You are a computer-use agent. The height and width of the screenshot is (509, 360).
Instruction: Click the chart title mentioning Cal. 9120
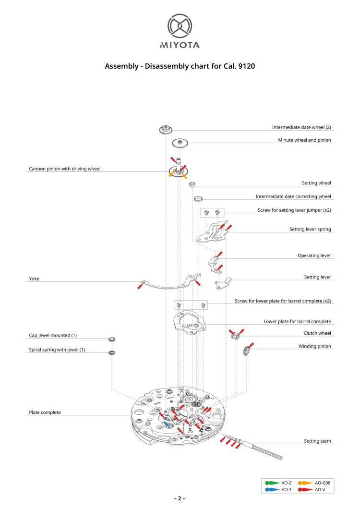180,66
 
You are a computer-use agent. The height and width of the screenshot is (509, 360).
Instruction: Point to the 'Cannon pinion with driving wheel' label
65,169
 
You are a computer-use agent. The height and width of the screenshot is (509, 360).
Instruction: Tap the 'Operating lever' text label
314,255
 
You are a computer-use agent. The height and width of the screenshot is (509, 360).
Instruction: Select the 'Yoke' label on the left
34,278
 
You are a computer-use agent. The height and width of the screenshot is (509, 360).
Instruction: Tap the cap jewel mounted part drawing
112,339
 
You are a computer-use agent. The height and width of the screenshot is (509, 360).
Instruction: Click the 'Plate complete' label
45,412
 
